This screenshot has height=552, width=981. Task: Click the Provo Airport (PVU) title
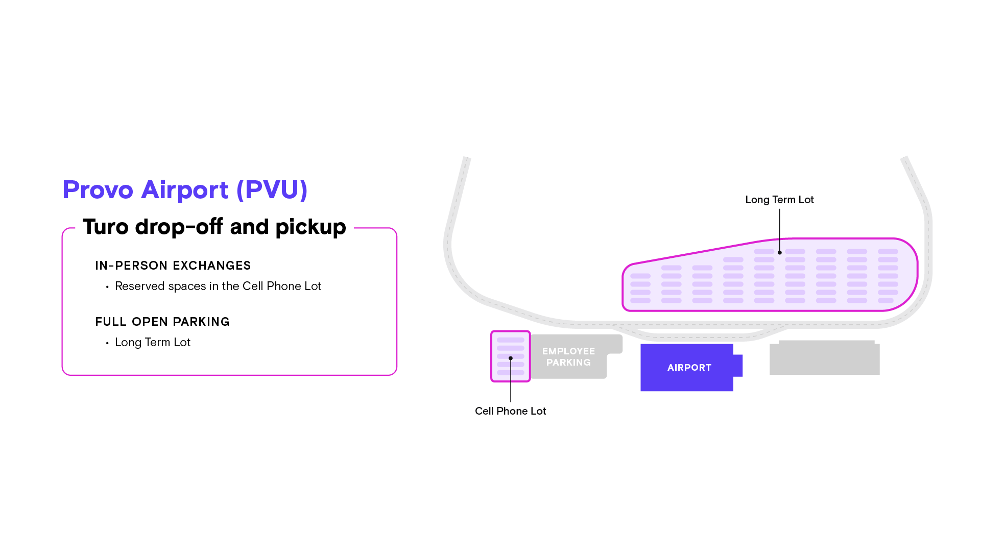click(x=185, y=190)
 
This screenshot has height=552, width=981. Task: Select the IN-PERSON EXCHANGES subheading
click(x=173, y=266)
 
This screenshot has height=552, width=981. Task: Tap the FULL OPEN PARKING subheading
click(x=162, y=322)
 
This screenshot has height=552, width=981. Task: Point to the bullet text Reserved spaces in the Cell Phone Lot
click(x=218, y=286)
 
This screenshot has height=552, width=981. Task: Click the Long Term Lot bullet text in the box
click(x=152, y=343)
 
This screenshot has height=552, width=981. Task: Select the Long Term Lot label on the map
click(x=779, y=200)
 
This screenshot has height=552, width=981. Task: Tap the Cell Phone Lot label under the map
click(x=510, y=411)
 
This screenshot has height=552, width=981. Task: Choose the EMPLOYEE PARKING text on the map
click(x=568, y=357)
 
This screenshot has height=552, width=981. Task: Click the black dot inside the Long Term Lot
click(x=779, y=253)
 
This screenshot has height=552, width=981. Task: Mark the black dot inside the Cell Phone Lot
click(x=511, y=358)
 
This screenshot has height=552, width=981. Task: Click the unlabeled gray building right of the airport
click(x=824, y=358)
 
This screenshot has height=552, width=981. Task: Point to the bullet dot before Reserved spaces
click(x=107, y=287)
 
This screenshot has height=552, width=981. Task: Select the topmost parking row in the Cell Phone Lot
click(x=510, y=340)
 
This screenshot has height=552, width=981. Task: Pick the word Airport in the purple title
click(x=184, y=190)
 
